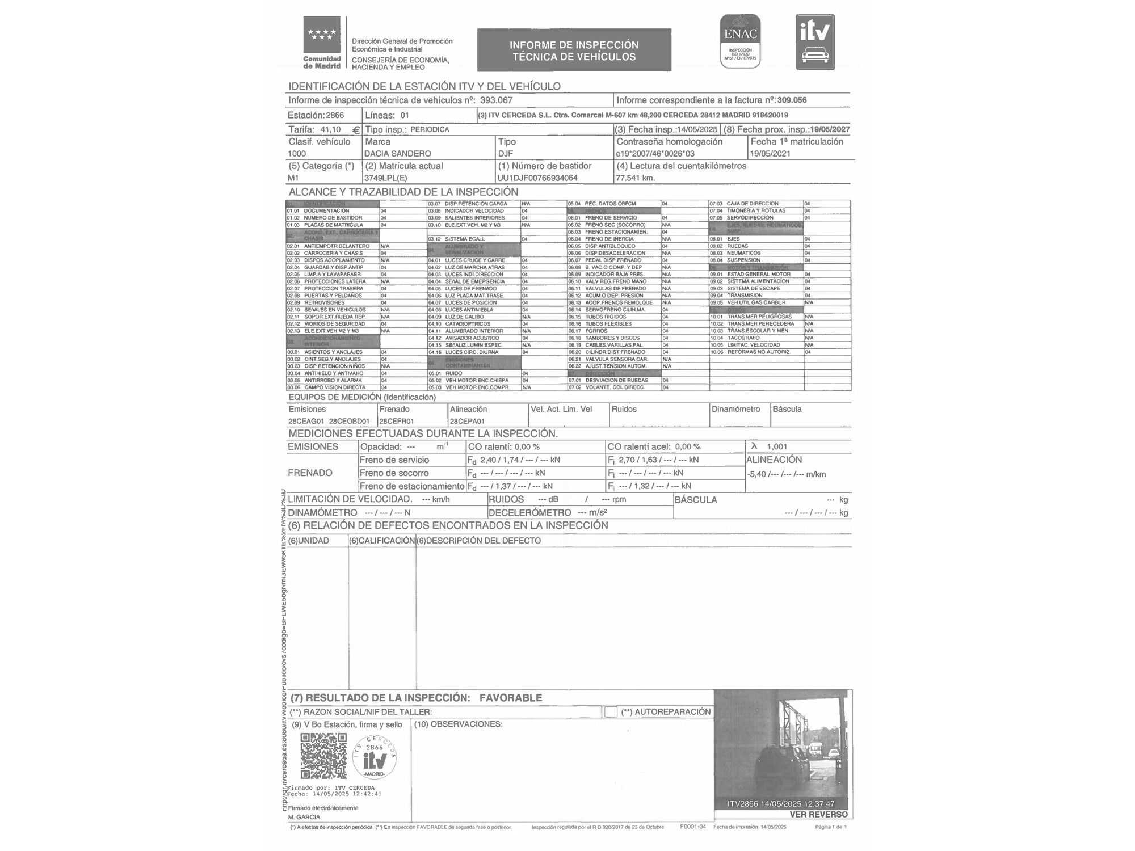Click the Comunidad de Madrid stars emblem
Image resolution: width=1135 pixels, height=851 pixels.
[322, 35]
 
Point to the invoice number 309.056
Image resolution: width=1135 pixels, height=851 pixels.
[792, 100]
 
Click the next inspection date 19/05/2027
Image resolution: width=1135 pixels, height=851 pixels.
[830, 129]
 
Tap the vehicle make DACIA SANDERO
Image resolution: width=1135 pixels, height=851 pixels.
[397, 154]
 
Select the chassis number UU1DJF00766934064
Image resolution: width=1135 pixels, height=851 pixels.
[537, 178]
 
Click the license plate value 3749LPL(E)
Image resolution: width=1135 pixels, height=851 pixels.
[385, 178]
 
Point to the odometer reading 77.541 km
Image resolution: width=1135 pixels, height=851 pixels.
[635, 178]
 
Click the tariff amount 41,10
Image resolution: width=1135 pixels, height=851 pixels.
[330, 129]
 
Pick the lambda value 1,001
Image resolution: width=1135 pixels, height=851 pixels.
[776, 447]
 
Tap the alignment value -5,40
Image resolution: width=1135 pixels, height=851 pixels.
[756, 474]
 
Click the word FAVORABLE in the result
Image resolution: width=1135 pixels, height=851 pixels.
[510, 698]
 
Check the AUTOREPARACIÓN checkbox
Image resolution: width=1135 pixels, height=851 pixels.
[611, 712]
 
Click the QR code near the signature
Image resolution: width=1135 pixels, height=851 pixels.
[323, 756]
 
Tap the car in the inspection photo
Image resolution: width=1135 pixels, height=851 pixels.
[783, 769]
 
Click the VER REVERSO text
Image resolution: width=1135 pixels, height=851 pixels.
[818, 814]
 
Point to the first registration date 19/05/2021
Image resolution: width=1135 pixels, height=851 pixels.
[770, 154]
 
